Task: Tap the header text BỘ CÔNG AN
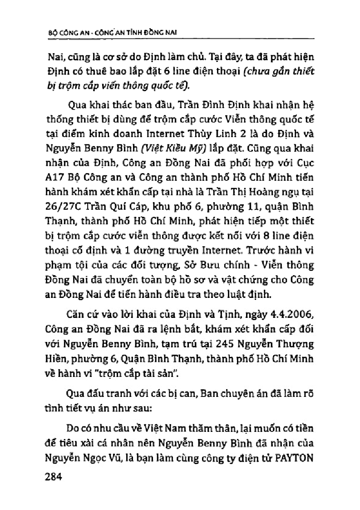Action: [64, 34]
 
